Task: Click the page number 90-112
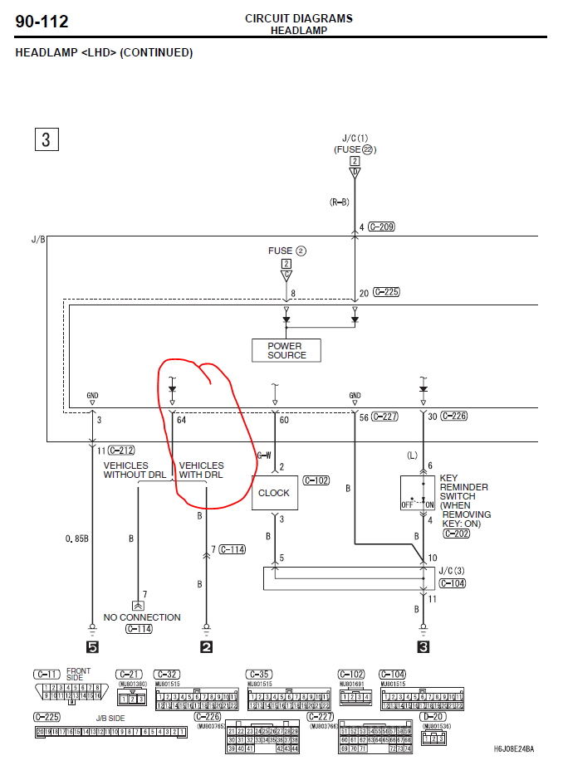(x=42, y=22)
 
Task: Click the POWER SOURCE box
(x=286, y=350)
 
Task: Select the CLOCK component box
(x=274, y=493)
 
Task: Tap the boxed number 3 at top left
(x=46, y=139)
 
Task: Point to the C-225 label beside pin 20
(x=386, y=292)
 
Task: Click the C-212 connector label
(x=121, y=450)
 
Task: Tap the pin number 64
(x=181, y=420)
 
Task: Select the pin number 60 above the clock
(x=284, y=420)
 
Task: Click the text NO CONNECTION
(x=142, y=617)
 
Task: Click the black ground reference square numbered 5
(x=92, y=647)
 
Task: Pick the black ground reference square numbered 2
(x=206, y=647)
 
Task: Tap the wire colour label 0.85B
(x=76, y=539)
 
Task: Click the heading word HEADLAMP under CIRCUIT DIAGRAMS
(x=298, y=31)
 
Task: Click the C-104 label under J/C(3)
(x=453, y=584)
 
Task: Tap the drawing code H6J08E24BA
(x=514, y=748)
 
